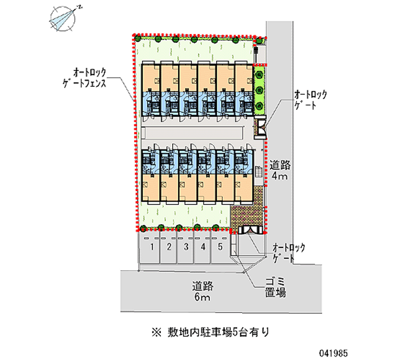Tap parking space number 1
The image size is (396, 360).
(153, 247)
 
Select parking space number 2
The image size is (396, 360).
(169, 247)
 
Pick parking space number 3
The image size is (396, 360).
(186, 247)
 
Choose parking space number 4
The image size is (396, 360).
(203, 247)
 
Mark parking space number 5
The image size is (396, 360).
(220, 247)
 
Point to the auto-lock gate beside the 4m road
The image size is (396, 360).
(260, 127)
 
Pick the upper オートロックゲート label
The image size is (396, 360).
(310, 99)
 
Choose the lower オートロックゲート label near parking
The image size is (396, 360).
(289, 252)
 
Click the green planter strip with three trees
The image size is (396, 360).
(259, 90)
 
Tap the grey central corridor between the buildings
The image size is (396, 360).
(193, 133)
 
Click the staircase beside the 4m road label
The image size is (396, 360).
(259, 173)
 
